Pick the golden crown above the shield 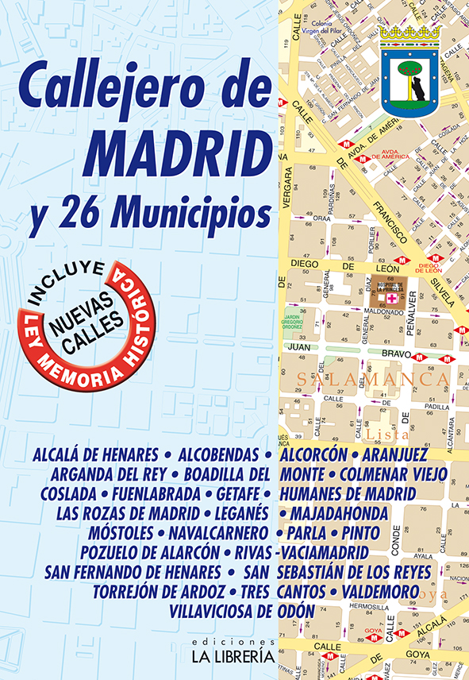[x=410, y=33]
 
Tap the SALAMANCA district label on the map [x=368, y=380]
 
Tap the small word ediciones [x=237, y=641]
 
